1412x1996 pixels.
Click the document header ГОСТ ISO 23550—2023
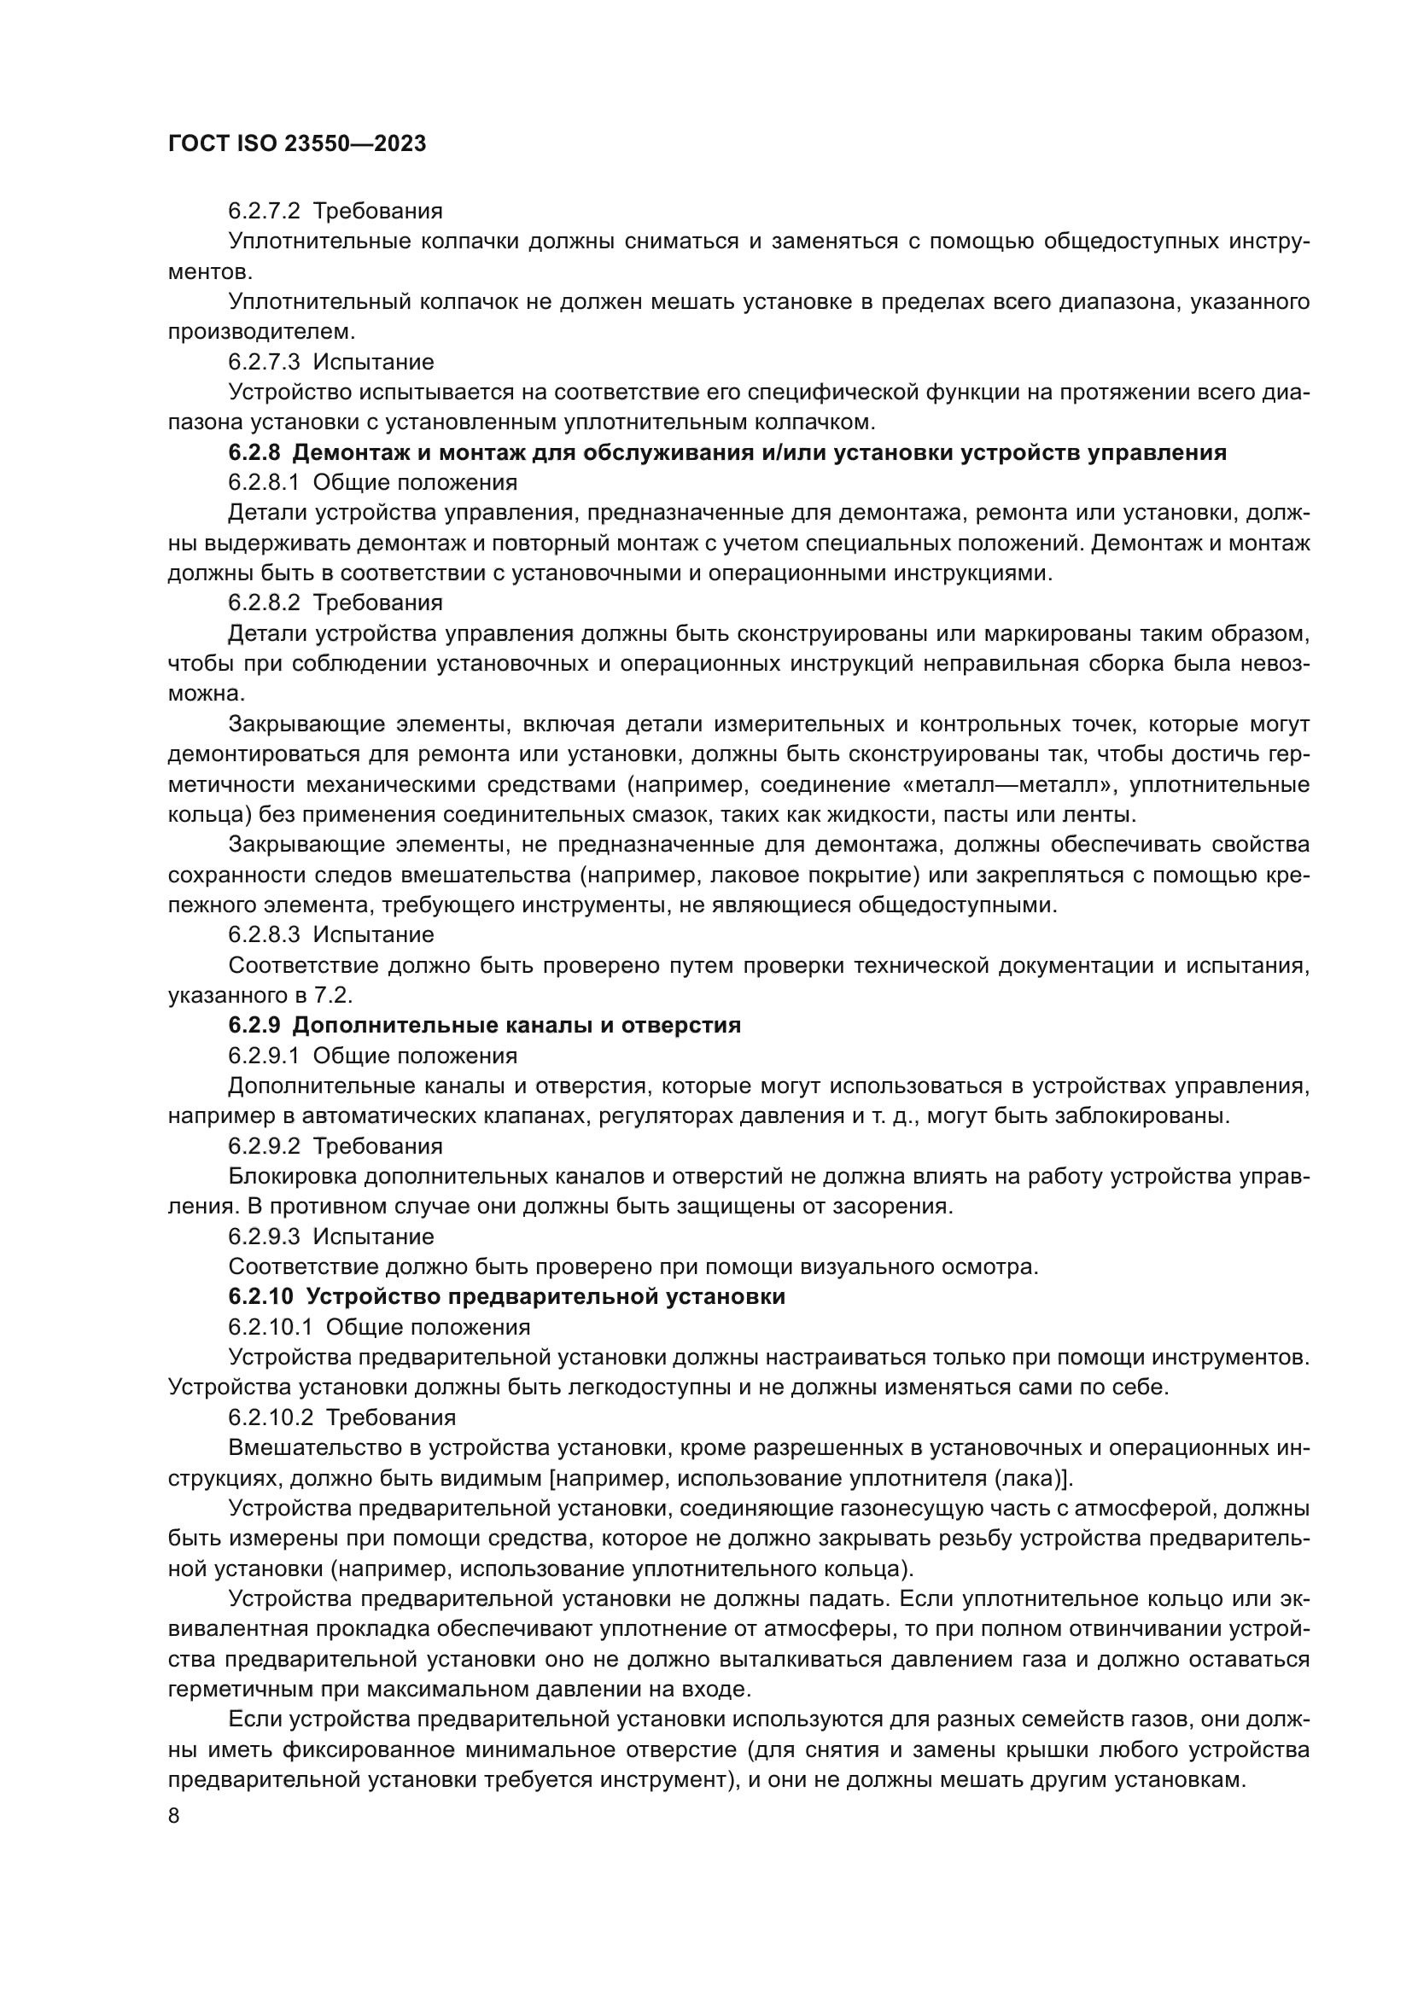(x=296, y=143)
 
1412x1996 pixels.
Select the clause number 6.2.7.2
(x=264, y=212)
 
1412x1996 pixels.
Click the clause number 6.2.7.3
(x=264, y=362)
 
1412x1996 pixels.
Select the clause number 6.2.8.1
(x=264, y=482)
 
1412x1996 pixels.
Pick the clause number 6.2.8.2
(x=264, y=602)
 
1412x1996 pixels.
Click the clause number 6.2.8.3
(x=264, y=934)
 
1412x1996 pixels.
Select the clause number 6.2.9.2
(x=264, y=1146)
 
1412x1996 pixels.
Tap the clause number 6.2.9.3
(x=264, y=1237)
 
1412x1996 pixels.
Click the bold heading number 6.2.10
(x=260, y=1296)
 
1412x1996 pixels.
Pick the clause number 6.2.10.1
(x=271, y=1327)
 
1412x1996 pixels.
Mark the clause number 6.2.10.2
(x=271, y=1417)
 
